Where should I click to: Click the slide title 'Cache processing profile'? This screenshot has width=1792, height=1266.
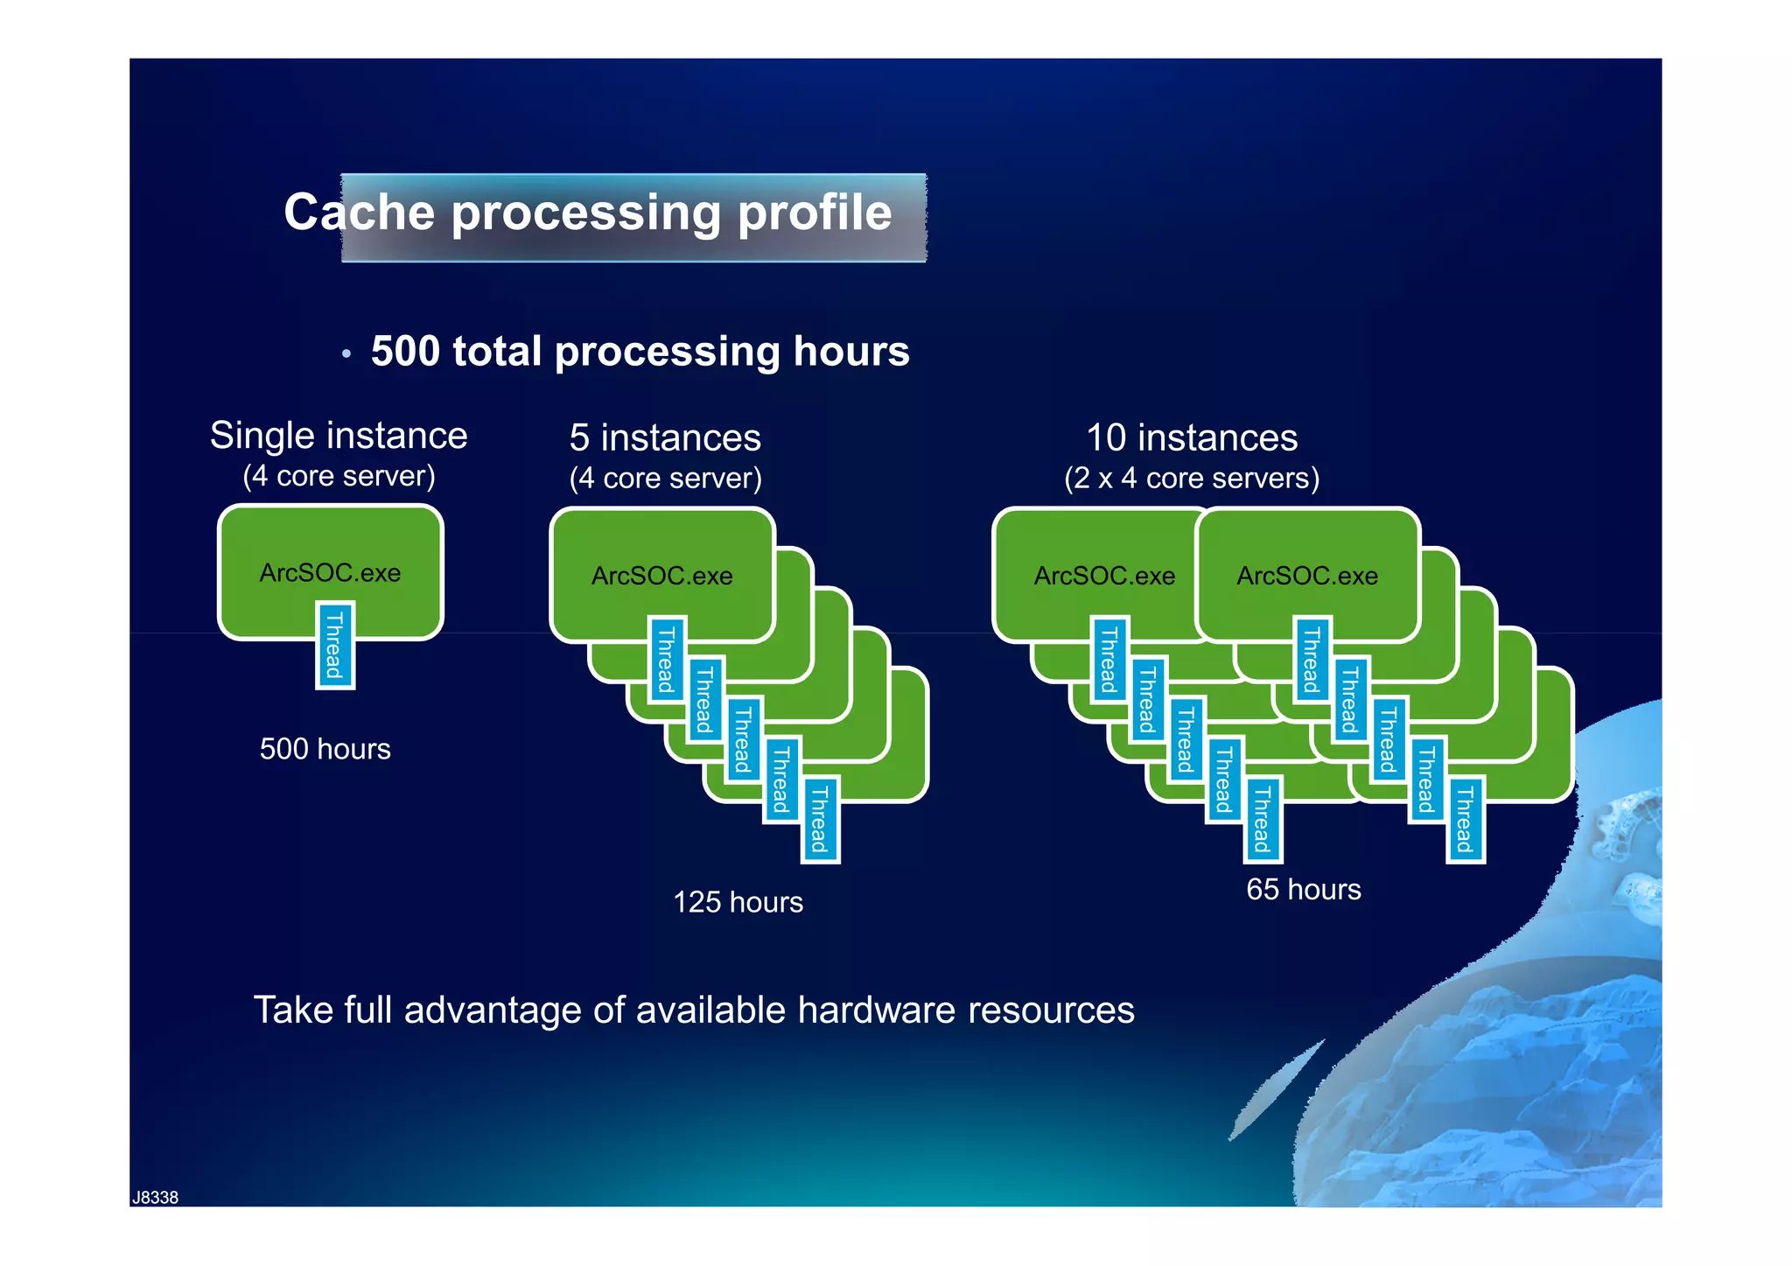point(587,213)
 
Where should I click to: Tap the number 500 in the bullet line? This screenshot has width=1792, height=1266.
point(405,352)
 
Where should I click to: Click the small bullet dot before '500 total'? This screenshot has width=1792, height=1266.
point(346,354)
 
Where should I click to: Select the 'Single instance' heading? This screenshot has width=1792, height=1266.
point(339,436)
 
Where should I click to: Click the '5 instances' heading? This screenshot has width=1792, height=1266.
point(665,437)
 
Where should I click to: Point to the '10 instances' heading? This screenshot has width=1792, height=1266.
point(1191,437)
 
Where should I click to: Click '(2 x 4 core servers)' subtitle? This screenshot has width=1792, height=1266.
point(1191,479)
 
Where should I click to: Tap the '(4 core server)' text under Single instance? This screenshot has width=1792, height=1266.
point(339,477)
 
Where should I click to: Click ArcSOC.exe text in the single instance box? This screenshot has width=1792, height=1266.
point(330,573)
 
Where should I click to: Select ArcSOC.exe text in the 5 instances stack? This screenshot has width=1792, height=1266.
point(661,576)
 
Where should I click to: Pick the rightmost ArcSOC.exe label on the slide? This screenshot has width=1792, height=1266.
point(1306,576)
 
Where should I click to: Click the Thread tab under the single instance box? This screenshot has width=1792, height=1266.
point(334,646)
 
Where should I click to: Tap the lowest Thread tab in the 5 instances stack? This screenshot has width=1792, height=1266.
point(820,819)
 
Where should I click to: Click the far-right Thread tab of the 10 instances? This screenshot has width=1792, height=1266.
point(1465,819)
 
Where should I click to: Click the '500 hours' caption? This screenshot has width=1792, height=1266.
point(325,750)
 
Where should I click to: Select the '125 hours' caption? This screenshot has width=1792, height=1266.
point(738,903)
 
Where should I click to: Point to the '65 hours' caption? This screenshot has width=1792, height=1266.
point(1303,890)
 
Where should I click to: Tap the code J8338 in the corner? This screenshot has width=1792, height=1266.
point(155,1198)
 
